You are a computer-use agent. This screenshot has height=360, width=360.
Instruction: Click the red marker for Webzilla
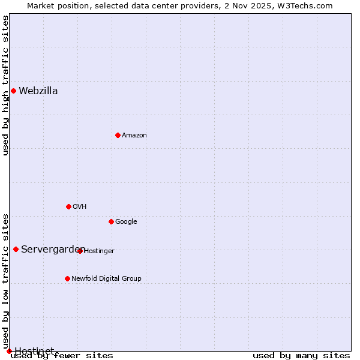(x=13, y=91)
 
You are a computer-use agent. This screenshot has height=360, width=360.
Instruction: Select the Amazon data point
(x=118, y=135)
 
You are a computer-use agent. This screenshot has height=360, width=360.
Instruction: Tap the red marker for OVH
(x=68, y=206)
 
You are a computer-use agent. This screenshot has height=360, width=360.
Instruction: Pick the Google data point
(x=111, y=221)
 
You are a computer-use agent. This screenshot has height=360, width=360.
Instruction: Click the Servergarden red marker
(x=16, y=249)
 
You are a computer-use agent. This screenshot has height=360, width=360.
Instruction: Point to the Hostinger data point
(x=80, y=251)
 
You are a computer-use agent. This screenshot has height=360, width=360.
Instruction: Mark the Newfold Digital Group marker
(x=67, y=278)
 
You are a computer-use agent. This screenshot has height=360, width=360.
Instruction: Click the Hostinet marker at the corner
(x=9, y=351)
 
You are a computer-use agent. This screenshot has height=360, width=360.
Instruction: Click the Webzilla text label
(x=38, y=91)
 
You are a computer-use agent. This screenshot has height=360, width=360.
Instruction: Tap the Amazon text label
(x=134, y=136)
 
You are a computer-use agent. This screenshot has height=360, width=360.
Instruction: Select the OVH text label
(x=80, y=207)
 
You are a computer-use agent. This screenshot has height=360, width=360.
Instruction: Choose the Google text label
(x=126, y=222)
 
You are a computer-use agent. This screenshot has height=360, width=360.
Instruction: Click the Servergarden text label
(x=53, y=250)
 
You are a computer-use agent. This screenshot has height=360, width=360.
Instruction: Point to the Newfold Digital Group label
(x=106, y=279)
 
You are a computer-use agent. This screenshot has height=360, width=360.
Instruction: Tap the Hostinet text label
(x=34, y=351)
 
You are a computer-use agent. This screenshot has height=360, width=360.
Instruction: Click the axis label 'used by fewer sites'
(x=62, y=356)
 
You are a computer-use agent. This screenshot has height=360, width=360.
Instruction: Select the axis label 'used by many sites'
(x=301, y=356)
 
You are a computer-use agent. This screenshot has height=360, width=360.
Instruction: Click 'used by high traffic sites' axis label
(x=5, y=85)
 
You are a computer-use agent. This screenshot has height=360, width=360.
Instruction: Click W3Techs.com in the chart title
(x=308, y=5)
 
